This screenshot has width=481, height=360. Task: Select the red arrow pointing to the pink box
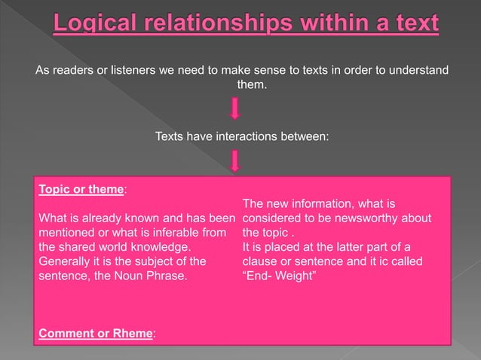click(x=235, y=160)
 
